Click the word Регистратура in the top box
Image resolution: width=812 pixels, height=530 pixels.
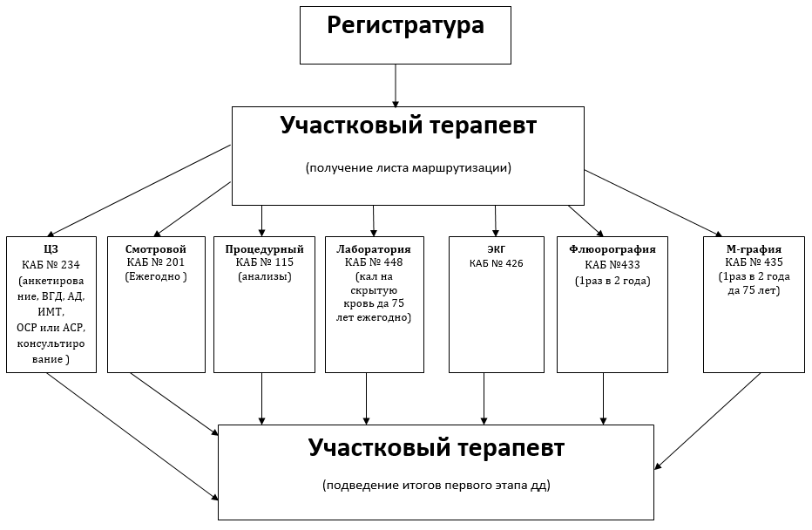point(405,26)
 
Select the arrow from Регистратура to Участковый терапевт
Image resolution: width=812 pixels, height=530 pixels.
point(396,85)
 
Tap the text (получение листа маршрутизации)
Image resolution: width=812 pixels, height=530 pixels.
point(408,167)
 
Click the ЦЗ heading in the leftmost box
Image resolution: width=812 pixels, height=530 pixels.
point(51,248)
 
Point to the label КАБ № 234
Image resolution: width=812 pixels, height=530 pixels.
point(51,264)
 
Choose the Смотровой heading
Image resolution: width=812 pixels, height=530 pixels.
point(157,248)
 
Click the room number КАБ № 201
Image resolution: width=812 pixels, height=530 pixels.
point(157,262)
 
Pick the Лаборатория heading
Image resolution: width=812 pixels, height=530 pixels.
point(374,248)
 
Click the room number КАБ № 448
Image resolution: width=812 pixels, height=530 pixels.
point(374,262)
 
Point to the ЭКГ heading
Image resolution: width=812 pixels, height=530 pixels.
point(497,249)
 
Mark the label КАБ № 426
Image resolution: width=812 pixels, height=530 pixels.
point(497,263)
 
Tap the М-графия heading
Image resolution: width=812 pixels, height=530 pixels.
point(754,248)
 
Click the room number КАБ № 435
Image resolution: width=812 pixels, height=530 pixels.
point(754,262)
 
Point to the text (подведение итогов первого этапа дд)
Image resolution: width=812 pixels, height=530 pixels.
point(436,485)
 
